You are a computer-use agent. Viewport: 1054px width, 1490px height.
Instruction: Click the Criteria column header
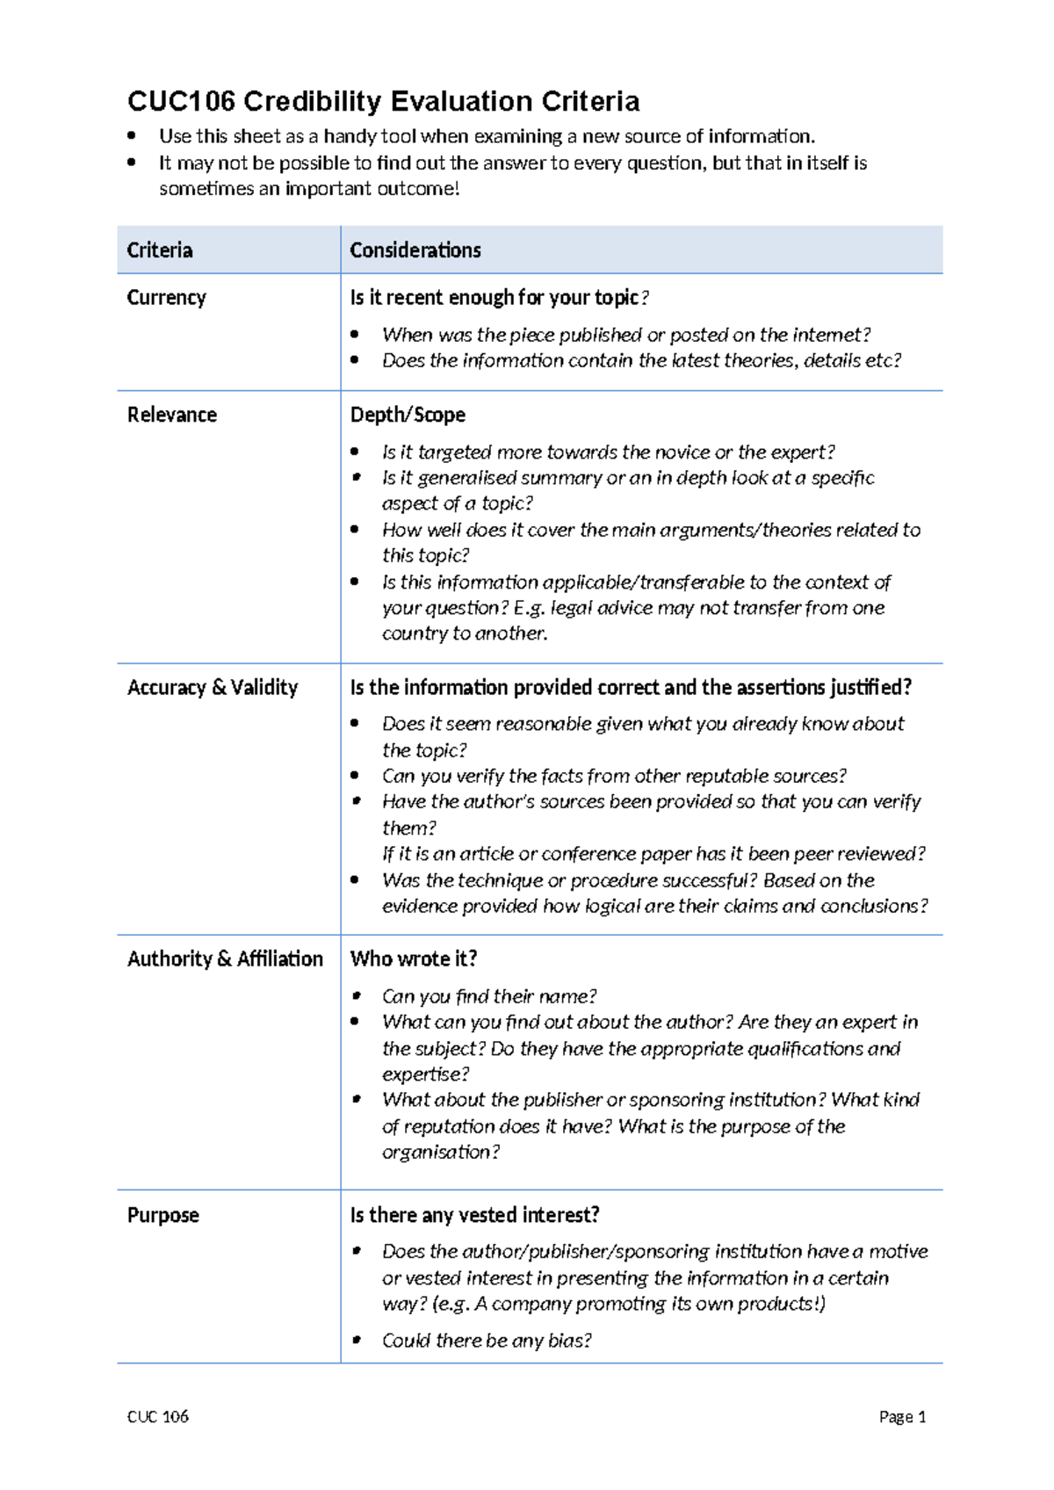click(x=159, y=250)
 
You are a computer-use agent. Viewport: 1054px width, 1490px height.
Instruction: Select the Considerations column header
click(x=415, y=250)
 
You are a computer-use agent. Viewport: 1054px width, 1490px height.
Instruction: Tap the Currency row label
click(x=166, y=298)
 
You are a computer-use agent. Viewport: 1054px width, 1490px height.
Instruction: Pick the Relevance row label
click(x=171, y=415)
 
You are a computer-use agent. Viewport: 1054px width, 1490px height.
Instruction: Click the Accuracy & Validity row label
click(x=212, y=687)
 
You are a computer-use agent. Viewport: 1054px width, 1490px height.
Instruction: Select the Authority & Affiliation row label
click(x=225, y=958)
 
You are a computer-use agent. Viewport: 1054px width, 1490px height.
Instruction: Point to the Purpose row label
click(x=162, y=1215)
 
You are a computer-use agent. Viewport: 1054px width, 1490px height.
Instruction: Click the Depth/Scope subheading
click(x=407, y=415)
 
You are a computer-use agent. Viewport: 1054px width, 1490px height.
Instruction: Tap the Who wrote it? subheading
click(x=413, y=958)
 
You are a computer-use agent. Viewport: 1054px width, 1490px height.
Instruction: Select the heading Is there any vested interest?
click(x=474, y=1215)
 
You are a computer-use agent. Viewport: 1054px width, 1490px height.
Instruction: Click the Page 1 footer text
click(x=902, y=1416)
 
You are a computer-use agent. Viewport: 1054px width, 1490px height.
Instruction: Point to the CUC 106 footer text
click(x=157, y=1416)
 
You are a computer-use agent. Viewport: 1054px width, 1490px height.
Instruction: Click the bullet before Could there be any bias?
click(x=357, y=1340)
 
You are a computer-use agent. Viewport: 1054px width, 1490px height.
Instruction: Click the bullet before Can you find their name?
click(x=357, y=995)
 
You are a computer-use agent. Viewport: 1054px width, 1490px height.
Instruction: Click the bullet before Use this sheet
click(x=132, y=135)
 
